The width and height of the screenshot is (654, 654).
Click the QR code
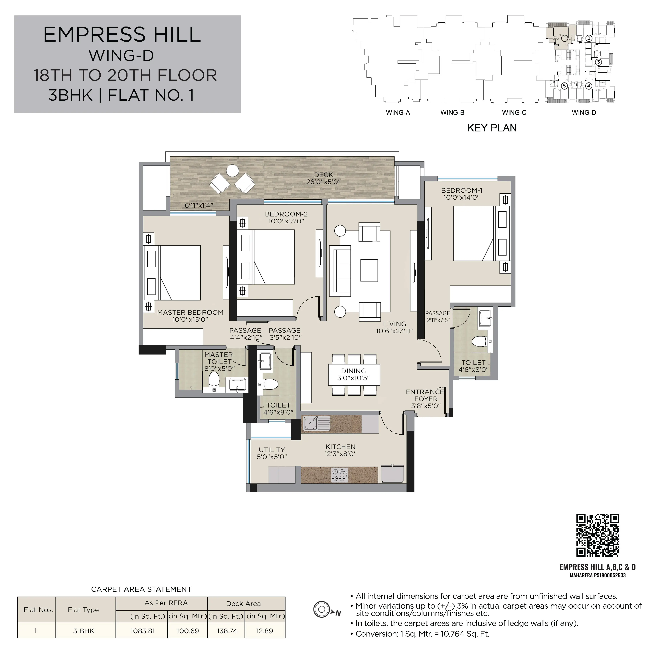tap(598, 535)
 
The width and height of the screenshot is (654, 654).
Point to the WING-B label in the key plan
tap(452, 113)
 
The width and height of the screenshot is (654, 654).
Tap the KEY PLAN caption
tap(492, 128)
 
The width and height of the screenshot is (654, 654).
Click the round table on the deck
tap(232, 170)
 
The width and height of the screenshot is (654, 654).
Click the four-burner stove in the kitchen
tap(339, 475)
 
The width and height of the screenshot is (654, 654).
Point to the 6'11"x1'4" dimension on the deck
tap(199, 205)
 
